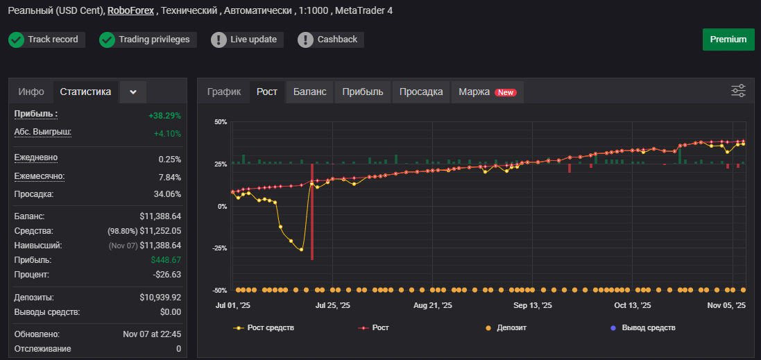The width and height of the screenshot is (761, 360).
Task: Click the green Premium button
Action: pyautogui.click(x=728, y=40)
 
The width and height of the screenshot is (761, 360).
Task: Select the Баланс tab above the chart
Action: pyautogui.click(x=309, y=92)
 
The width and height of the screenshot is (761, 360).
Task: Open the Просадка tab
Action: pyautogui.click(x=421, y=92)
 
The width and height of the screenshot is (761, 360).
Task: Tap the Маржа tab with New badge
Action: pyautogui.click(x=488, y=92)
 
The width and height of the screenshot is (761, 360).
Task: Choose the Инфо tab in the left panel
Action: pyautogui.click(x=31, y=92)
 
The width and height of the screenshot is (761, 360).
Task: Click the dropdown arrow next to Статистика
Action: pyautogui.click(x=133, y=92)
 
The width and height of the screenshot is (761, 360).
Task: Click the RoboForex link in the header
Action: pyautogui.click(x=130, y=10)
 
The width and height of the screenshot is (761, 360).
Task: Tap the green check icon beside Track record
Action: pyautogui.click(x=17, y=40)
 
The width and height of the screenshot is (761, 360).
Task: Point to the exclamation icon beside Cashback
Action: pyautogui.click(x=306, y=40)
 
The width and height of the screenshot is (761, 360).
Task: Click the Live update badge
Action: pyautogui.click(x=247, y=40)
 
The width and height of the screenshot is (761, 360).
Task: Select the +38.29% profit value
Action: pyautogui.click(x=164, y=116)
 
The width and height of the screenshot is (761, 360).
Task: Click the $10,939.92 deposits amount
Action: pyautogui.click(x=160, y=298)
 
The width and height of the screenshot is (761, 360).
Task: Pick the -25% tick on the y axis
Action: pyautogui.click(x=220, y=248)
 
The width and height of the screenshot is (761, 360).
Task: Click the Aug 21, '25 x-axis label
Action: pyautogui.click(x=432, y=306)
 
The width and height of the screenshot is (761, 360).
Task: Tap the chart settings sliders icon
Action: pyautogui.click(x=738, y=91)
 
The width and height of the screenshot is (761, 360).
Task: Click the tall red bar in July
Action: pyautogui.click(x=311, y=212)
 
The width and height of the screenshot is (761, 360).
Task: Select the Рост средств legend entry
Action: pyautogui.click(x=264, y=328)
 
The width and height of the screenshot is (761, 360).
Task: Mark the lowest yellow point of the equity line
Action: pyautogui.click(x=301, y=250)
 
